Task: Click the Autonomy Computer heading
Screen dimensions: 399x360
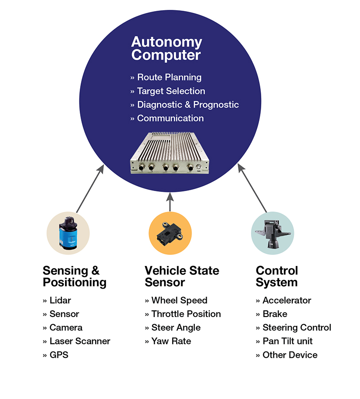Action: click(x=166, y=49)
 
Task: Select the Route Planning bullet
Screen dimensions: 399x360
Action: click(x=166, y=77)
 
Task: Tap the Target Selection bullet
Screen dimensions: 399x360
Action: click(x=168, y=91)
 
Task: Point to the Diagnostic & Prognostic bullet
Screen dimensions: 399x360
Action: click(x=185, y=105)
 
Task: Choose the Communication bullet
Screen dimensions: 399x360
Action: click(x=167, y=118)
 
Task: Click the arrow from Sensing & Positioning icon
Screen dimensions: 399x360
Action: click(x=89, y=189)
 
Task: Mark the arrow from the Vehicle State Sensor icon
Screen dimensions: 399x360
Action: click(x=170, y=201)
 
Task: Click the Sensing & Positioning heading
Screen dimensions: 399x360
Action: click(x=74, y=277)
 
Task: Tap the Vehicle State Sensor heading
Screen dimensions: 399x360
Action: click(x=182, y=277)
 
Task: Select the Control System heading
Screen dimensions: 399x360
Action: click(x=277, y=277)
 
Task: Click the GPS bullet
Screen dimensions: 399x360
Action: click(x=56, y=355)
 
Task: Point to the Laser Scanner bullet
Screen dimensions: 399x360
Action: click(x=77, y=341)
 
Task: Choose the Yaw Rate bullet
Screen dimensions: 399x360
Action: click(x=168, y=341)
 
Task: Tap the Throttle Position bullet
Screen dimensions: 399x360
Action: click(x=183, y=314)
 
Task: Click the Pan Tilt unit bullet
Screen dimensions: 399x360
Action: click(x=284, y=341)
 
